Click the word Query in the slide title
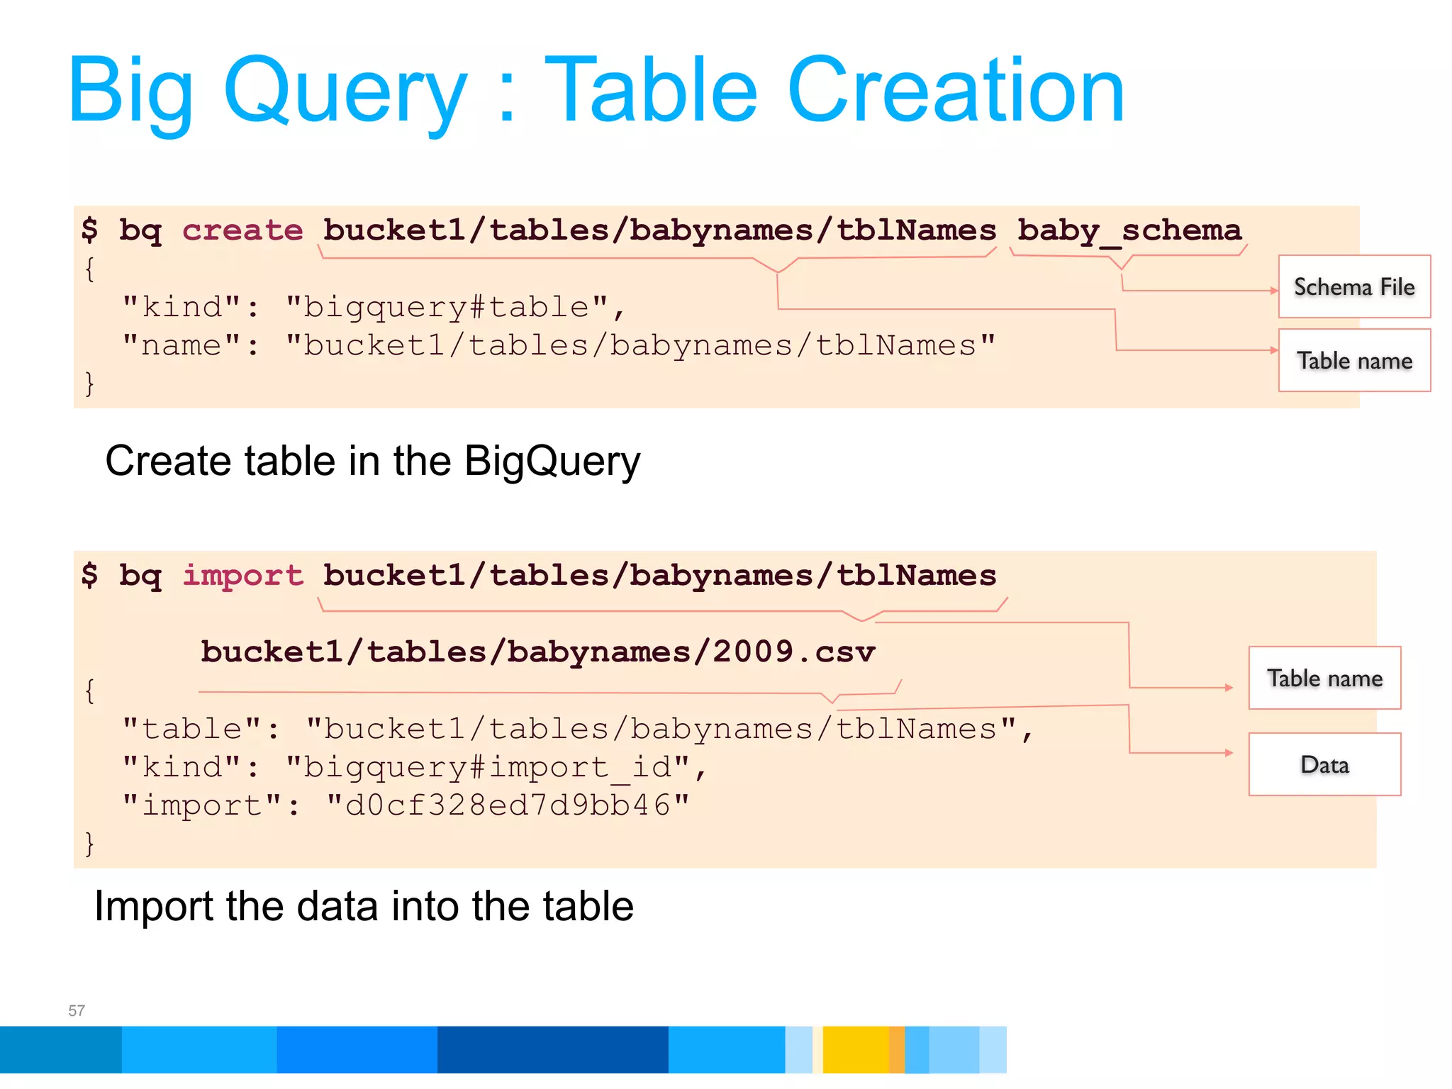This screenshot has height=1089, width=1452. coord(345,93)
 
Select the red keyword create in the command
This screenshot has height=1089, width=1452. coord(242,230)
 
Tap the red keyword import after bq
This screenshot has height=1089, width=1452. coord(242,575)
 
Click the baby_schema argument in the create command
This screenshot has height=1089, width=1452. coord(1129,230)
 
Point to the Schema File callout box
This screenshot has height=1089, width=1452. coord(1354,286)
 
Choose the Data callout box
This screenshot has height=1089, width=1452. coord(1324,764)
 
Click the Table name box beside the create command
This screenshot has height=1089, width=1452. coord(1354,360)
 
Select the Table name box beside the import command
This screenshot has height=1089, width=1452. coord(1324,678)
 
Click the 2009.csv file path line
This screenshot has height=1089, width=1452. coord(537,652)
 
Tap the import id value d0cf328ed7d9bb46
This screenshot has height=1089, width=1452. coord(508,805)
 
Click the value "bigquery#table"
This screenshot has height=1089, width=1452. coord(447,307)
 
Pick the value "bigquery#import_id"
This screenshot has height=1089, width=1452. coord(488,767)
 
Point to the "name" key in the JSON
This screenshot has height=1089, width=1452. coord(182,345)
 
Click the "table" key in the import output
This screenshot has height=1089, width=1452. coord(192,729)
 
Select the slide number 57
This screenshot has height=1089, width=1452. coord(77,1010)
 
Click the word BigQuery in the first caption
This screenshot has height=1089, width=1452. coord(552,462)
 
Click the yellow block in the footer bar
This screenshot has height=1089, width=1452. coord(855,1049)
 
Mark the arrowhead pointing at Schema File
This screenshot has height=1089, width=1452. coord(1273,291)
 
